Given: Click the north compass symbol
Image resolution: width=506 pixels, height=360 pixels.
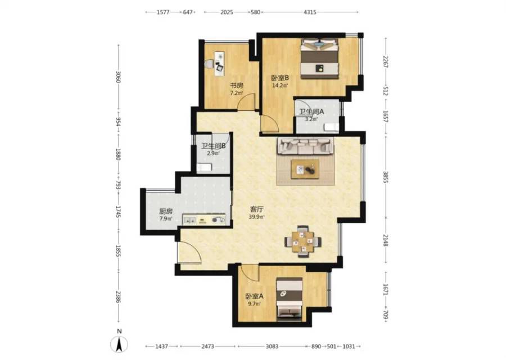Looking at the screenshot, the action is click(119, 344).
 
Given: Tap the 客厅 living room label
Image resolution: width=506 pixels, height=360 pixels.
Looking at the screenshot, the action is click(256, 209).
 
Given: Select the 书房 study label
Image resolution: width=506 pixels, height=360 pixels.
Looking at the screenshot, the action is click(236, 85).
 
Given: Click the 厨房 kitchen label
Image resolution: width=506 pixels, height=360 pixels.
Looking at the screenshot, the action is click(166, 211).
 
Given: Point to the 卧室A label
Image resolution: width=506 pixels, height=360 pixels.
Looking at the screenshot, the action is click(254, 296).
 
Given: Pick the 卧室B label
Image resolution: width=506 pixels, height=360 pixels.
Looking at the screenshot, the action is click(279, 78).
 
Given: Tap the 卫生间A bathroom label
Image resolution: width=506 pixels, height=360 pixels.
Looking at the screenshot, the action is click(311, 112).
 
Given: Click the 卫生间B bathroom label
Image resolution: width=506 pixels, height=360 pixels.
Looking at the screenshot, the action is click(213, 146).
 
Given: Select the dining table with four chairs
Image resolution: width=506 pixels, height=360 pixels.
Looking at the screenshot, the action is click(303, 241).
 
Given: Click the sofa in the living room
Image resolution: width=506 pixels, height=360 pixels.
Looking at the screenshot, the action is click(305, 146).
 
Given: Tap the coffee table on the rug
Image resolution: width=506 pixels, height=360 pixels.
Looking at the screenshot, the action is click(305, 169).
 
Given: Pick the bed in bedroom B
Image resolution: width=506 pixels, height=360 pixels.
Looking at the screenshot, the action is click(319, 58).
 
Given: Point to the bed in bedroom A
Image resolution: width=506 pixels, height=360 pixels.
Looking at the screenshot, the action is click(290, 299).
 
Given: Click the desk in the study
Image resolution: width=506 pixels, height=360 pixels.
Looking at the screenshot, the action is click(220, 64).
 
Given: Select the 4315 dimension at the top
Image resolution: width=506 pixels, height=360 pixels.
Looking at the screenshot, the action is click(310, 12).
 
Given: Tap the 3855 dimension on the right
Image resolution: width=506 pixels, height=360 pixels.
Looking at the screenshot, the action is click(385, 177).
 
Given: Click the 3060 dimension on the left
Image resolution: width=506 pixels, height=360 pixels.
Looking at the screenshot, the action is click(118, 77).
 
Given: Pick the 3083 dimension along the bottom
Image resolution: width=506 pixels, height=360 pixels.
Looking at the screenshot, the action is click(272, 346).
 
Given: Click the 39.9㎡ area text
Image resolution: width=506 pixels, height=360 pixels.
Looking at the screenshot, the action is click(256, 217).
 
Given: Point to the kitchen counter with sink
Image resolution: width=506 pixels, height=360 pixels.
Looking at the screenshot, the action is click(205, 220).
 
